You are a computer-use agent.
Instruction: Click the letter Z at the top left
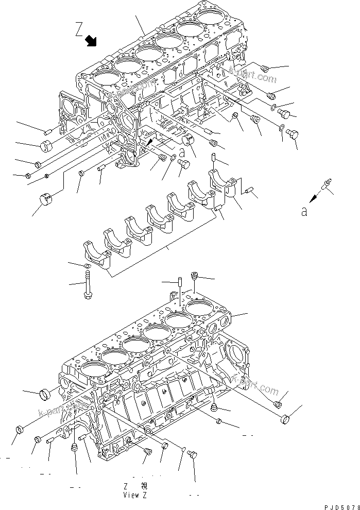pos(79,29)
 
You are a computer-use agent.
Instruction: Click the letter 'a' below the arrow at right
pos(304,211)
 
